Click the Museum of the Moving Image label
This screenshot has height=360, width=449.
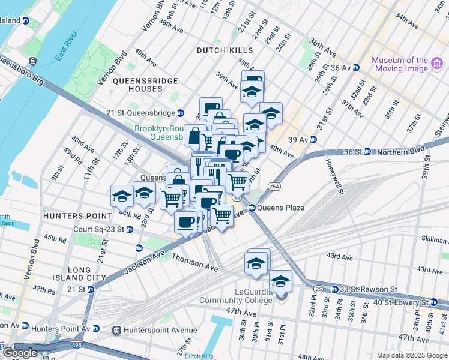(399, 64)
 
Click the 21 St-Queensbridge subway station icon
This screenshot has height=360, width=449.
(180, 113)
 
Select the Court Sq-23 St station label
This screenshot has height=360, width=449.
(98, 229)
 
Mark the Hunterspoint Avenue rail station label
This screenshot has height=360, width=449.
(160, 330)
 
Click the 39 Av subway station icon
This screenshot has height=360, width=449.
(313, 139)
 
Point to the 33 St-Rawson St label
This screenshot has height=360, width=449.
(369, 289)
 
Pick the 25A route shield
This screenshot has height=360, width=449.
(274, 187)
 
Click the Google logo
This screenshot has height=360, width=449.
(20, 353)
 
